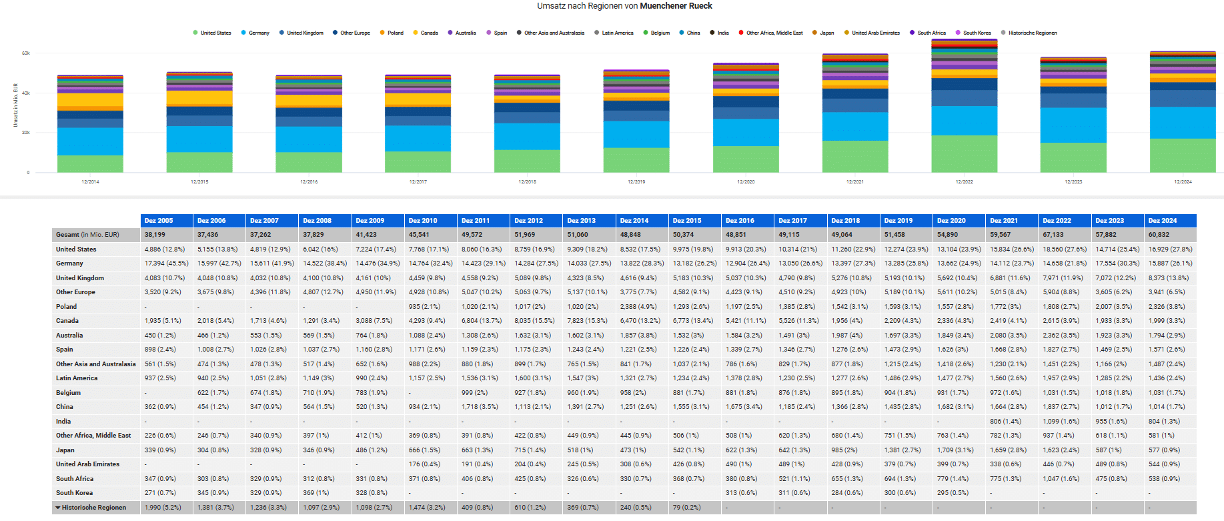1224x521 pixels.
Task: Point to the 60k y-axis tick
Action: (26, 53)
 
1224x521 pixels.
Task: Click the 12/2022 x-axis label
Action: (964, 181)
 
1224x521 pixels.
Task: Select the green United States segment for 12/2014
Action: (90, 163)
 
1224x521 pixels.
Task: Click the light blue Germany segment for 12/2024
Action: (1183, 122)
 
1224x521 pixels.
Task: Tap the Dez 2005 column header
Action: (159, 220)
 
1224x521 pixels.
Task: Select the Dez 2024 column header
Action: (1163, 220)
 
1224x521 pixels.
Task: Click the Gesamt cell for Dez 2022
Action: (1057, 235)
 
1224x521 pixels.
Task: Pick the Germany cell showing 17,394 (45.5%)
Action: (166, 264)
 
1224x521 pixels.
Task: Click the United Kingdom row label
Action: (80, 278)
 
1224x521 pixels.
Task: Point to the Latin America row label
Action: (77, 378)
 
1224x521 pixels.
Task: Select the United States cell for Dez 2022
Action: (1065, 249)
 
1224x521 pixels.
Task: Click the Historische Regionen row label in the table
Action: (93, 508)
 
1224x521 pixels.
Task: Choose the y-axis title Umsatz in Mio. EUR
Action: (15, 105)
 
